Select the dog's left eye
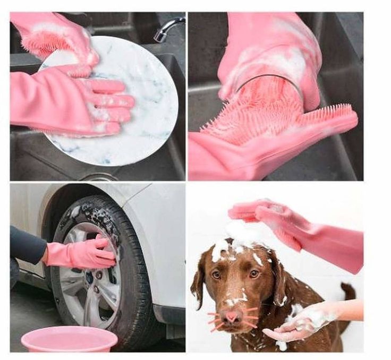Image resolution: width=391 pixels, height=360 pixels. [216, 275]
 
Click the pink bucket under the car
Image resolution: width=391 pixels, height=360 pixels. [69, 339]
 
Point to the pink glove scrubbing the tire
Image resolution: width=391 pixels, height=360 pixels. [85, 253]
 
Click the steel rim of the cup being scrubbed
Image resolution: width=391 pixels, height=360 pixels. [266, 80]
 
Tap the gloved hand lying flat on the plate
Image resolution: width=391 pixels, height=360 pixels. [80, 101]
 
